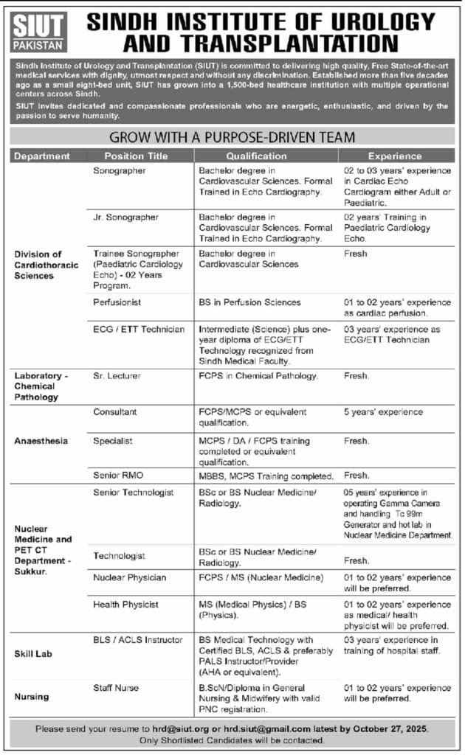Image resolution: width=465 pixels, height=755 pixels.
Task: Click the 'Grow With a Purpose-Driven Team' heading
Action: tap(232, 137)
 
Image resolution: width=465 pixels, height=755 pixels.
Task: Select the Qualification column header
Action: tap(256, 156)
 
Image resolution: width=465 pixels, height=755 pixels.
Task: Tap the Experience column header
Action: tap(395, 156)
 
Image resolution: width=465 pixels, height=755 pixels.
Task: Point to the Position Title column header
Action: tap(136, 156)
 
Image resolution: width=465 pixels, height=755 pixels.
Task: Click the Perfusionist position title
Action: tap(117, 302)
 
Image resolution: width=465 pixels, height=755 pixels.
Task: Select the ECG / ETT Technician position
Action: tap(139, 330)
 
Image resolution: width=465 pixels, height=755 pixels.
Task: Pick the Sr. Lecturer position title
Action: tap(117, 376)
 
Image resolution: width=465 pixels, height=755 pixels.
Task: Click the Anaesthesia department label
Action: tap(41, 441)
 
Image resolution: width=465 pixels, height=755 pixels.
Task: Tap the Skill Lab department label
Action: tap(34, 654)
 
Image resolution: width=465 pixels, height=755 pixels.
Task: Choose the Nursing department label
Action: tap(32, 696)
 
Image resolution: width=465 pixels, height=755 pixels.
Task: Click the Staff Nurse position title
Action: tap(116, 688)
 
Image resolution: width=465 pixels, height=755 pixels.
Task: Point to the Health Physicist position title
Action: tap(125, 605)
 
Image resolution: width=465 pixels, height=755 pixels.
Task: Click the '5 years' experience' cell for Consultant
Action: tap(383, 411)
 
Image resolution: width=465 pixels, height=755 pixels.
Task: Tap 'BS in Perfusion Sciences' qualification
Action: tap(249, 302)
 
